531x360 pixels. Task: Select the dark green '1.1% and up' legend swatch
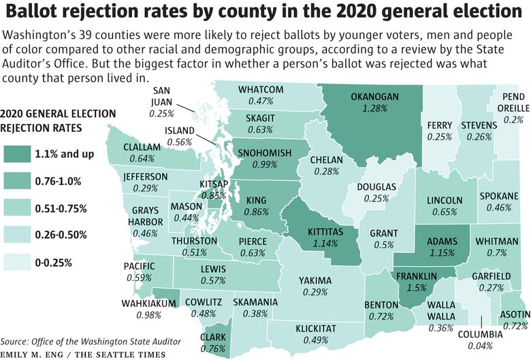(17, 154)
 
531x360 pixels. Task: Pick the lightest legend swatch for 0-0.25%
(17, 262)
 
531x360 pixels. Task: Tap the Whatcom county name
(261, 90)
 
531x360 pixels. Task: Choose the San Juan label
(162, 97)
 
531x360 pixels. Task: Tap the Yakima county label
(315, 280)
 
